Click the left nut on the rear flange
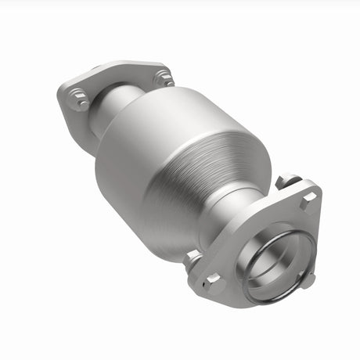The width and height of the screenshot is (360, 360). tap(77, 99)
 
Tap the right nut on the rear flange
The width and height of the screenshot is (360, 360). tap(164, 77)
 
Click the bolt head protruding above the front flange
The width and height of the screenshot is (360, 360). tap(286, 182)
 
